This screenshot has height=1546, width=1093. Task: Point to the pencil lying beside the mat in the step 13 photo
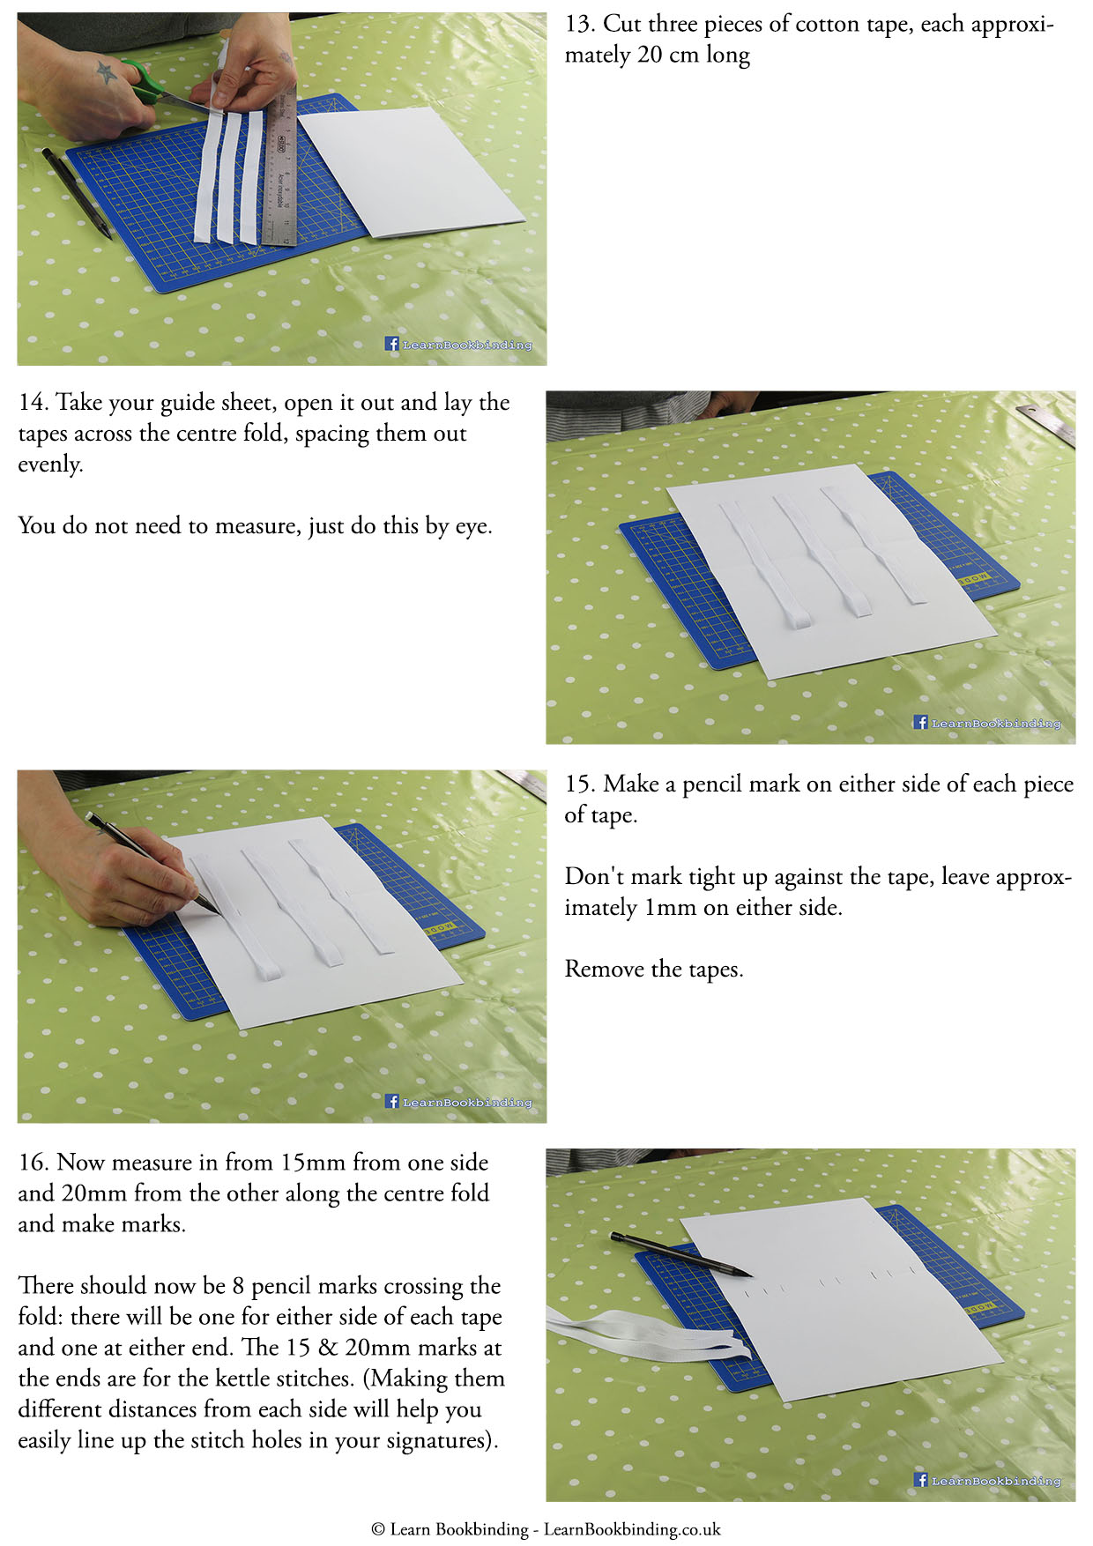[77, 192]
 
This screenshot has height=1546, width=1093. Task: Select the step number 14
[33, 403]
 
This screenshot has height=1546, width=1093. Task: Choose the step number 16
[33, 1163]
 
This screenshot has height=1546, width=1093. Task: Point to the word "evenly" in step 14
[48, 465]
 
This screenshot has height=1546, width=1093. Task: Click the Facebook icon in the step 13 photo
[392, 344]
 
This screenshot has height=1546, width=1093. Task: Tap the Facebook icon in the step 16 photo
[921, 1480]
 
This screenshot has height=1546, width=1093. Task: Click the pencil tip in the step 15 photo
[218, 912]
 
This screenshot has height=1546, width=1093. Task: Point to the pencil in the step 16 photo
[680, 1254]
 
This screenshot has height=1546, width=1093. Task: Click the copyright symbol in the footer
[378, 1529]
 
